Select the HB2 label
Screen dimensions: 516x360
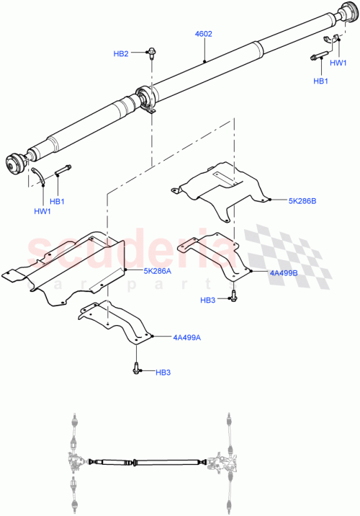coord(121,54)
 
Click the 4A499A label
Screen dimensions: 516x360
coord(186,337)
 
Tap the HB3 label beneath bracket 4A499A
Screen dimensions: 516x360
coord(165,372)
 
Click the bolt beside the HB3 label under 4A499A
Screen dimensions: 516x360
coord(137,368)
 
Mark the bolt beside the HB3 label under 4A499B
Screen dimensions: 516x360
coord(235,295)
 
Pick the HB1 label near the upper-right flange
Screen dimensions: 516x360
coord(321,81)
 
